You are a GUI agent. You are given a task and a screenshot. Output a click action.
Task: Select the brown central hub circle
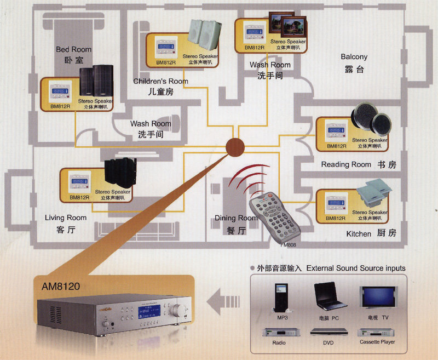tap(235, 147)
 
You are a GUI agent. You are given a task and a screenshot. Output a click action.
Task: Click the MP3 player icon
tap(282, 298)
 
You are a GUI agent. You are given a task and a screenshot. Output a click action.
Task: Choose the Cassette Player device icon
tap(377, 332)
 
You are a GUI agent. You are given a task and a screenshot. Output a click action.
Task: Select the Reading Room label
tap(346, 164)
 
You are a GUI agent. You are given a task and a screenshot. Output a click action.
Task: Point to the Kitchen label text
tap(359, 234)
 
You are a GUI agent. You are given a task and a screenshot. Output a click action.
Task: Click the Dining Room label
tap(235, 218)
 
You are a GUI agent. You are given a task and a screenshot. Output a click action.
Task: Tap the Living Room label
tap(66, 218)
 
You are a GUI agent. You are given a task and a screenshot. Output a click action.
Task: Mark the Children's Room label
tap(160, 82)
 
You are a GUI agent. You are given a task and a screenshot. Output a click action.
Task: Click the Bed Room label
tap(73, 49)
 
